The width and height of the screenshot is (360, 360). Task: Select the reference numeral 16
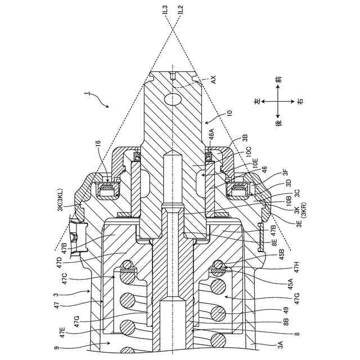click(99, 145)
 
